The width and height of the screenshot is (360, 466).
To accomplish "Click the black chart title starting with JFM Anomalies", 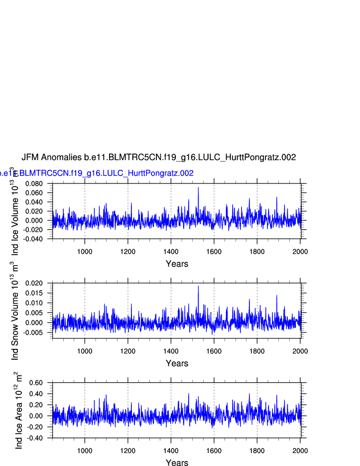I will (x=158, y=157).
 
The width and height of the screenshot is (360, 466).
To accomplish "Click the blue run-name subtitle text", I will (x=97, y=173).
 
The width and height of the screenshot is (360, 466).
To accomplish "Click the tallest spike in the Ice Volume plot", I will (x=198, y=188).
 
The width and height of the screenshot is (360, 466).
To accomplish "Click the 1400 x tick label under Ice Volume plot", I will (x=171, y=251).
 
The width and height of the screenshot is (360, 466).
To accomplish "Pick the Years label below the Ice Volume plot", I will (x=177, y=264).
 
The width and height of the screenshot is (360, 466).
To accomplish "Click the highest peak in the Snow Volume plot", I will (x=198, y=286).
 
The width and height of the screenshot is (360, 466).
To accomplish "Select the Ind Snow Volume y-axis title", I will (x=15, y=311).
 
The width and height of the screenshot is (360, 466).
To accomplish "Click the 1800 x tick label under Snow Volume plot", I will (x=257, y=351).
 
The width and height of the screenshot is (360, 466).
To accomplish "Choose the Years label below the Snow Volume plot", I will (x=177, y=363).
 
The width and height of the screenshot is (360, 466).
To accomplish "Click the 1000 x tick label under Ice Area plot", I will (x=85, y=451).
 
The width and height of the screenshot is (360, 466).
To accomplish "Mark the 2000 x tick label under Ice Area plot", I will (x=300, y=451).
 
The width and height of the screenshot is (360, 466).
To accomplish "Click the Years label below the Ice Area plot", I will (x=177, y=463).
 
